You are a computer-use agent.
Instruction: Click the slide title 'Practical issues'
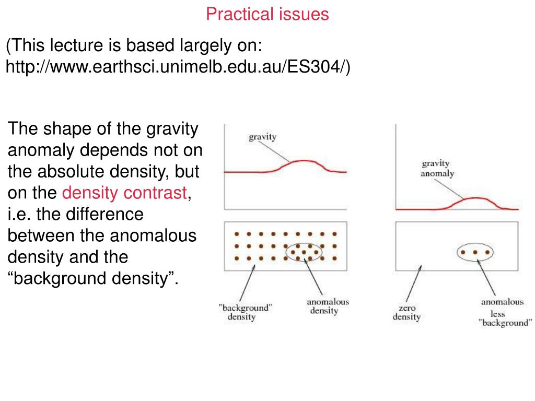[x=267, y=14]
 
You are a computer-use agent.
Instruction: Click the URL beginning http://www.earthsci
[x=178, y=66]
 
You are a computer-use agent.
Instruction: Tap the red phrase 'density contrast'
[x=124, y=193]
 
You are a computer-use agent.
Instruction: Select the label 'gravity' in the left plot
[x=262, y=137]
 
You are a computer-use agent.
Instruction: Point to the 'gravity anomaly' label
[x=437, y=169]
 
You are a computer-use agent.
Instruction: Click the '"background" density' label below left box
[x=245, y=312]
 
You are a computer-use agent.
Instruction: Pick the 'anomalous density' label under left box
[x=328, y=306]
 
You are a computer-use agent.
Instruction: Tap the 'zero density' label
[x=406, y=312]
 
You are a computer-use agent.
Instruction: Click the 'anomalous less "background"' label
[x=504, y=312]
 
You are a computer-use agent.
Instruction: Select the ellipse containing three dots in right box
[x=475, y=243]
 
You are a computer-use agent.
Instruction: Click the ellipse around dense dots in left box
[x=304, y=244]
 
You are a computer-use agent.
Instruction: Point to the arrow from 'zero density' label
[x=414, y=284]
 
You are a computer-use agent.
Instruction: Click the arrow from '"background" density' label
[x=247, y=282]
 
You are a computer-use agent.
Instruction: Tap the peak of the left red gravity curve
[x=303, y=161]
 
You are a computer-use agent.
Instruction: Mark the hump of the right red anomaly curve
[x=475, y=198]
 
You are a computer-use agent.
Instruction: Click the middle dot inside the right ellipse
[x=475, y=252]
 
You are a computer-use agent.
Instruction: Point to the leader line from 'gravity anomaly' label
[x=448, y=188]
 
